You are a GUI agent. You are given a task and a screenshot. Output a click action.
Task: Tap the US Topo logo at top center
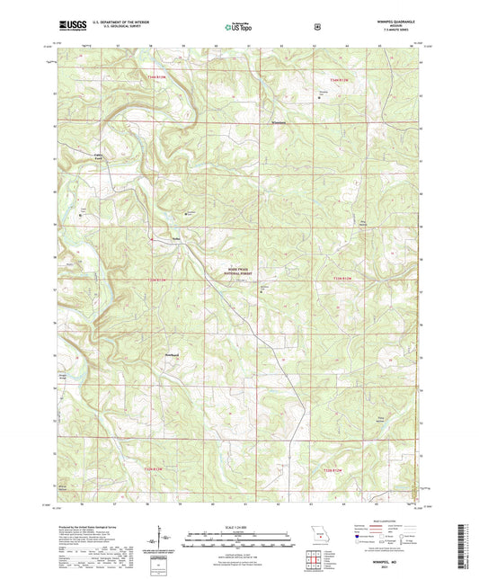pyautogui.click(x=238, y=27)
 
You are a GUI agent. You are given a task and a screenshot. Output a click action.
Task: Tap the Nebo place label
pyautogui.click(x=177, y=238)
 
